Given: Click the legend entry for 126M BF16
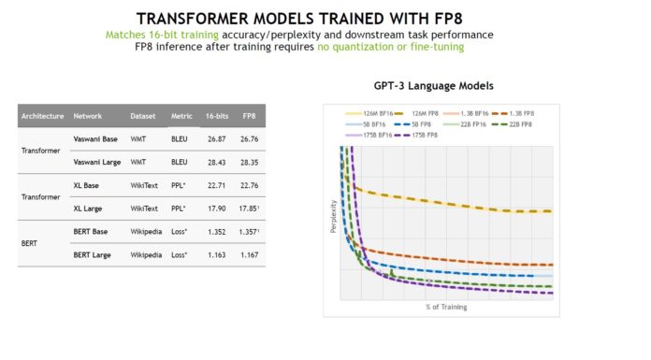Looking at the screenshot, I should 374,112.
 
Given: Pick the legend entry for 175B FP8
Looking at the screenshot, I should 428,136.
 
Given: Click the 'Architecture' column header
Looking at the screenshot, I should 42,116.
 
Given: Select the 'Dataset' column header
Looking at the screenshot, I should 143,116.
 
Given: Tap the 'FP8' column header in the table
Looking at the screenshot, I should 248,116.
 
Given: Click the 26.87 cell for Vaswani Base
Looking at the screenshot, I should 215,138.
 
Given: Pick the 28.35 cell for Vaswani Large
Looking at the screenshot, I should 249,161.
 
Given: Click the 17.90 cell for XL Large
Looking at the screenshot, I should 215,208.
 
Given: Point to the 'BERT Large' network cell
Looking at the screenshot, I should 94,254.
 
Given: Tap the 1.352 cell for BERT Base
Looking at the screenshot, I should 215,231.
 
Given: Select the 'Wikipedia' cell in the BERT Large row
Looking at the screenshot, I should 146,254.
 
